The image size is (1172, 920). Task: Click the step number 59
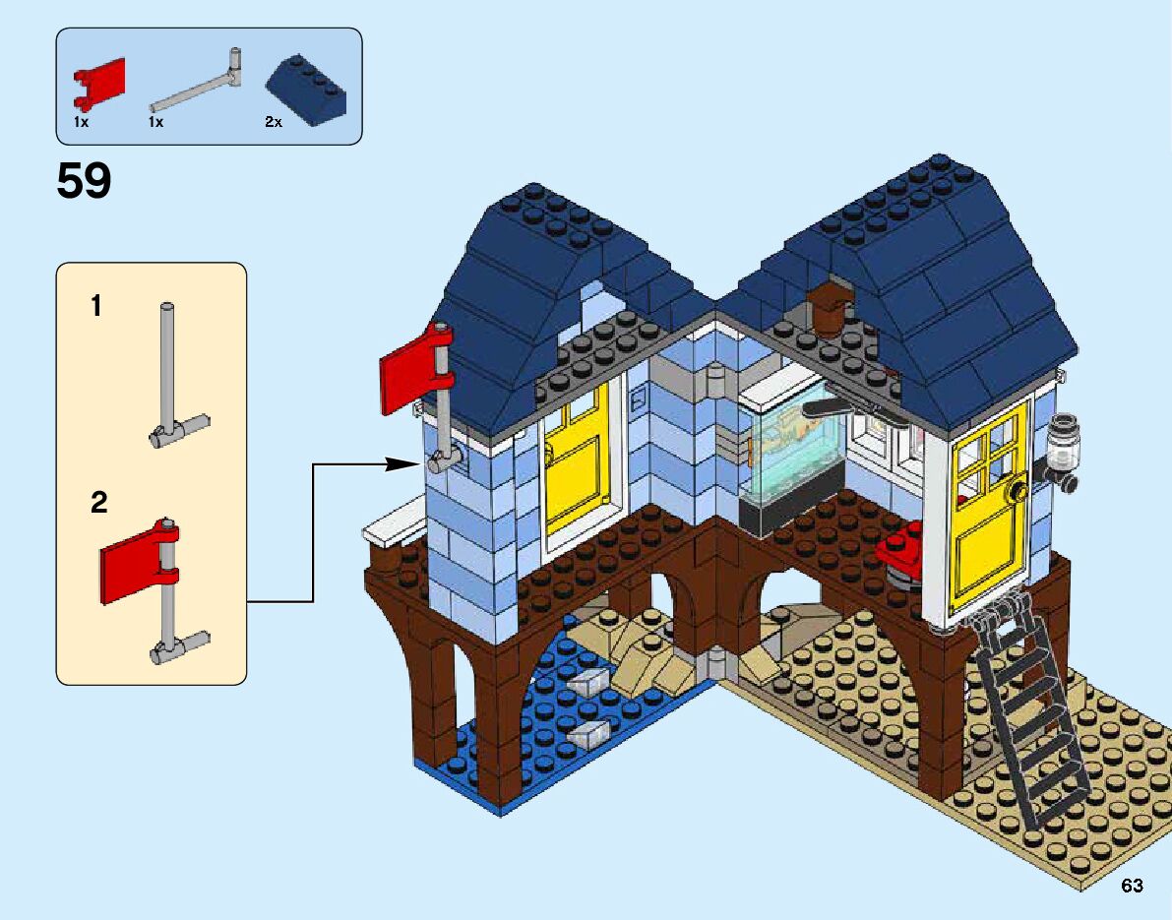point(85,182)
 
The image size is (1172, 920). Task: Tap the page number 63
point(1132,887)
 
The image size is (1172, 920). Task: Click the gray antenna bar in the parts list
point(197,84)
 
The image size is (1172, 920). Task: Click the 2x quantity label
point(273,122)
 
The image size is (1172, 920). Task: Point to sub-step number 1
point(96,307)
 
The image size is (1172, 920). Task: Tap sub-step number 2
point(98,504)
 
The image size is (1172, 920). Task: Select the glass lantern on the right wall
point(1062,448)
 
